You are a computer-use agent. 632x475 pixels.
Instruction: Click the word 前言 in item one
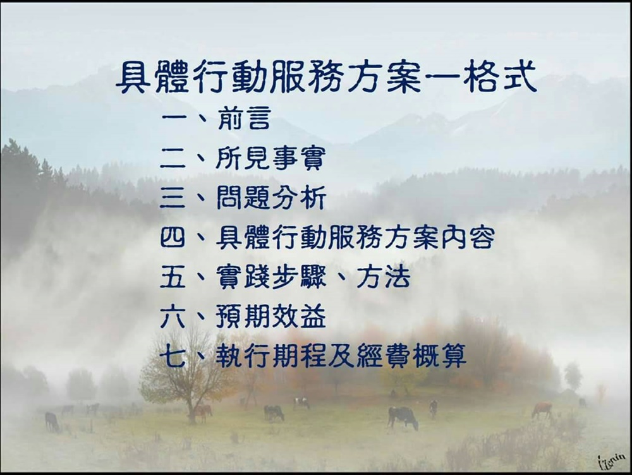243,117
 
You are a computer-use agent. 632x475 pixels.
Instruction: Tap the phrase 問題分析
271,198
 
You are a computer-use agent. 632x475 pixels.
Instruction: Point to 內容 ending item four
468,237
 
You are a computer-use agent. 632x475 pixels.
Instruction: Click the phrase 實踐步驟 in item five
270,277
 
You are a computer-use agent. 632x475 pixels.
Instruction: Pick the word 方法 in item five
383,277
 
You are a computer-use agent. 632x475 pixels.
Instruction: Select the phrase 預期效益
271,316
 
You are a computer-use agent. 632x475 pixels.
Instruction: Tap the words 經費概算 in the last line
412,356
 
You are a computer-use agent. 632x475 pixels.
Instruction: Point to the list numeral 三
173,198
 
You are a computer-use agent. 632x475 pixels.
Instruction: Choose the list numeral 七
173,356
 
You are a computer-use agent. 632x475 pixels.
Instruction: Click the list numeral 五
173,277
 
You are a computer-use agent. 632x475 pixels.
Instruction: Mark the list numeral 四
173,237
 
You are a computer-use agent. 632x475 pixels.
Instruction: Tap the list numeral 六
173,316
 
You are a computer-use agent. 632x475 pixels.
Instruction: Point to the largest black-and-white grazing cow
402,417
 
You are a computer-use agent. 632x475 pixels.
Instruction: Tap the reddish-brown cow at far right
542,409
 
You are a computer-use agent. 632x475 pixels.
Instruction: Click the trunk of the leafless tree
192,407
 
